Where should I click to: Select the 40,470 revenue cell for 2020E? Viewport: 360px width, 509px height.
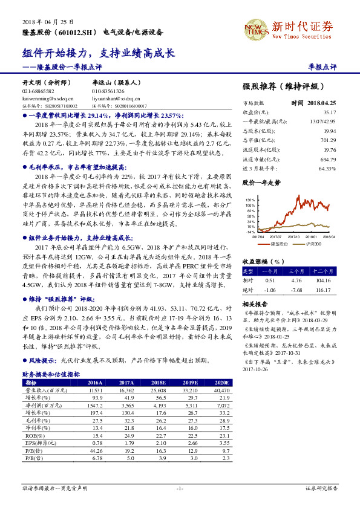[222, 391]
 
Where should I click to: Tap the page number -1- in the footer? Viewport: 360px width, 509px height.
[180, 488]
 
